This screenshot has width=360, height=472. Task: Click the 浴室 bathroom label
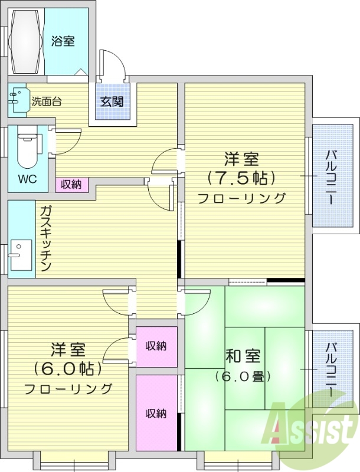[63, 41]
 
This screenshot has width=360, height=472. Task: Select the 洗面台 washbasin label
[46, 101]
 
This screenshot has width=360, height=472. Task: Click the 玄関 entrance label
[112, 101]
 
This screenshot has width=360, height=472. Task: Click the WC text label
[25, 179]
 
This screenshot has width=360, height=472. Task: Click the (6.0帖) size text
[68, 369]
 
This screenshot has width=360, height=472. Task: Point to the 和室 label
[242, 356]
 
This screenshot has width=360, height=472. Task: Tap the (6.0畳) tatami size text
[243, 376]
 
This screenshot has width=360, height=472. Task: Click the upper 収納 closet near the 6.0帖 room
[156, 346]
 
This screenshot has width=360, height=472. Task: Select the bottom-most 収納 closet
[156, 413]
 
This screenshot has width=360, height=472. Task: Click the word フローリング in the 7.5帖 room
[241, 198]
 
